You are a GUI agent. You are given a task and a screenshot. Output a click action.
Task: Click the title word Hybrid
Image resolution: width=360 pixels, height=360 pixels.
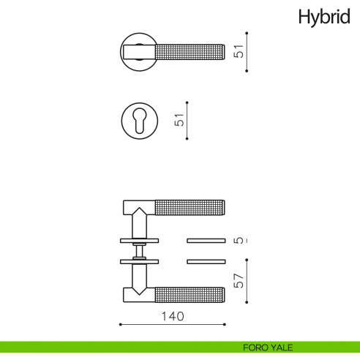tap(323, 17)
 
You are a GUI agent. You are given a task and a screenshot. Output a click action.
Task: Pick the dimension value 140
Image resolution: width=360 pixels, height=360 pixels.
tap(171, 316)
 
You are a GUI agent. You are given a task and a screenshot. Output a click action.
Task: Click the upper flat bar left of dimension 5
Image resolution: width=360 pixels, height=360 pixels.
tap(206, 239)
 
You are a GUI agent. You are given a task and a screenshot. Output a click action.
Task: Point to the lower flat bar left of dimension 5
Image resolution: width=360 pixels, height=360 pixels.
tap(206, 261)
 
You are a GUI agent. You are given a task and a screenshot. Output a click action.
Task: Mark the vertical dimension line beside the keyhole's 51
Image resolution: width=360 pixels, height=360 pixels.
tap(188, 120)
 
